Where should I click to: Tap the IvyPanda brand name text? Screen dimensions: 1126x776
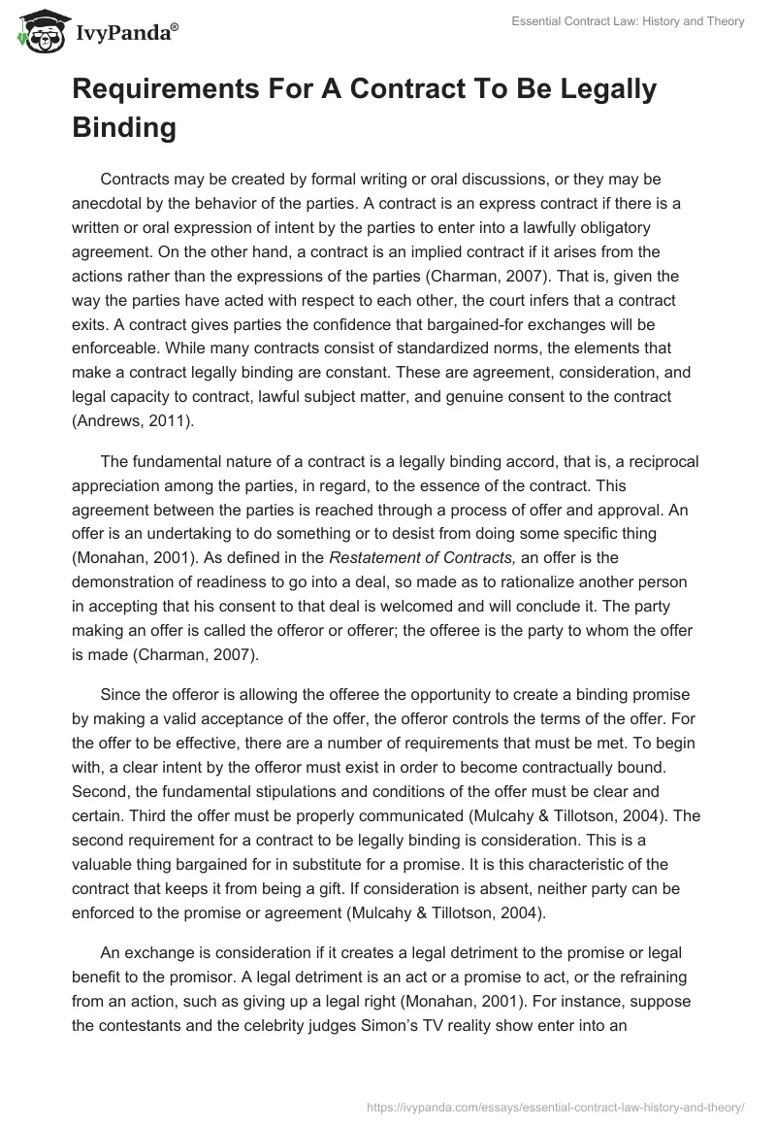(x=125, y=34)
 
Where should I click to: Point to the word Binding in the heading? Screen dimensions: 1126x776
(x=124, y=127)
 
